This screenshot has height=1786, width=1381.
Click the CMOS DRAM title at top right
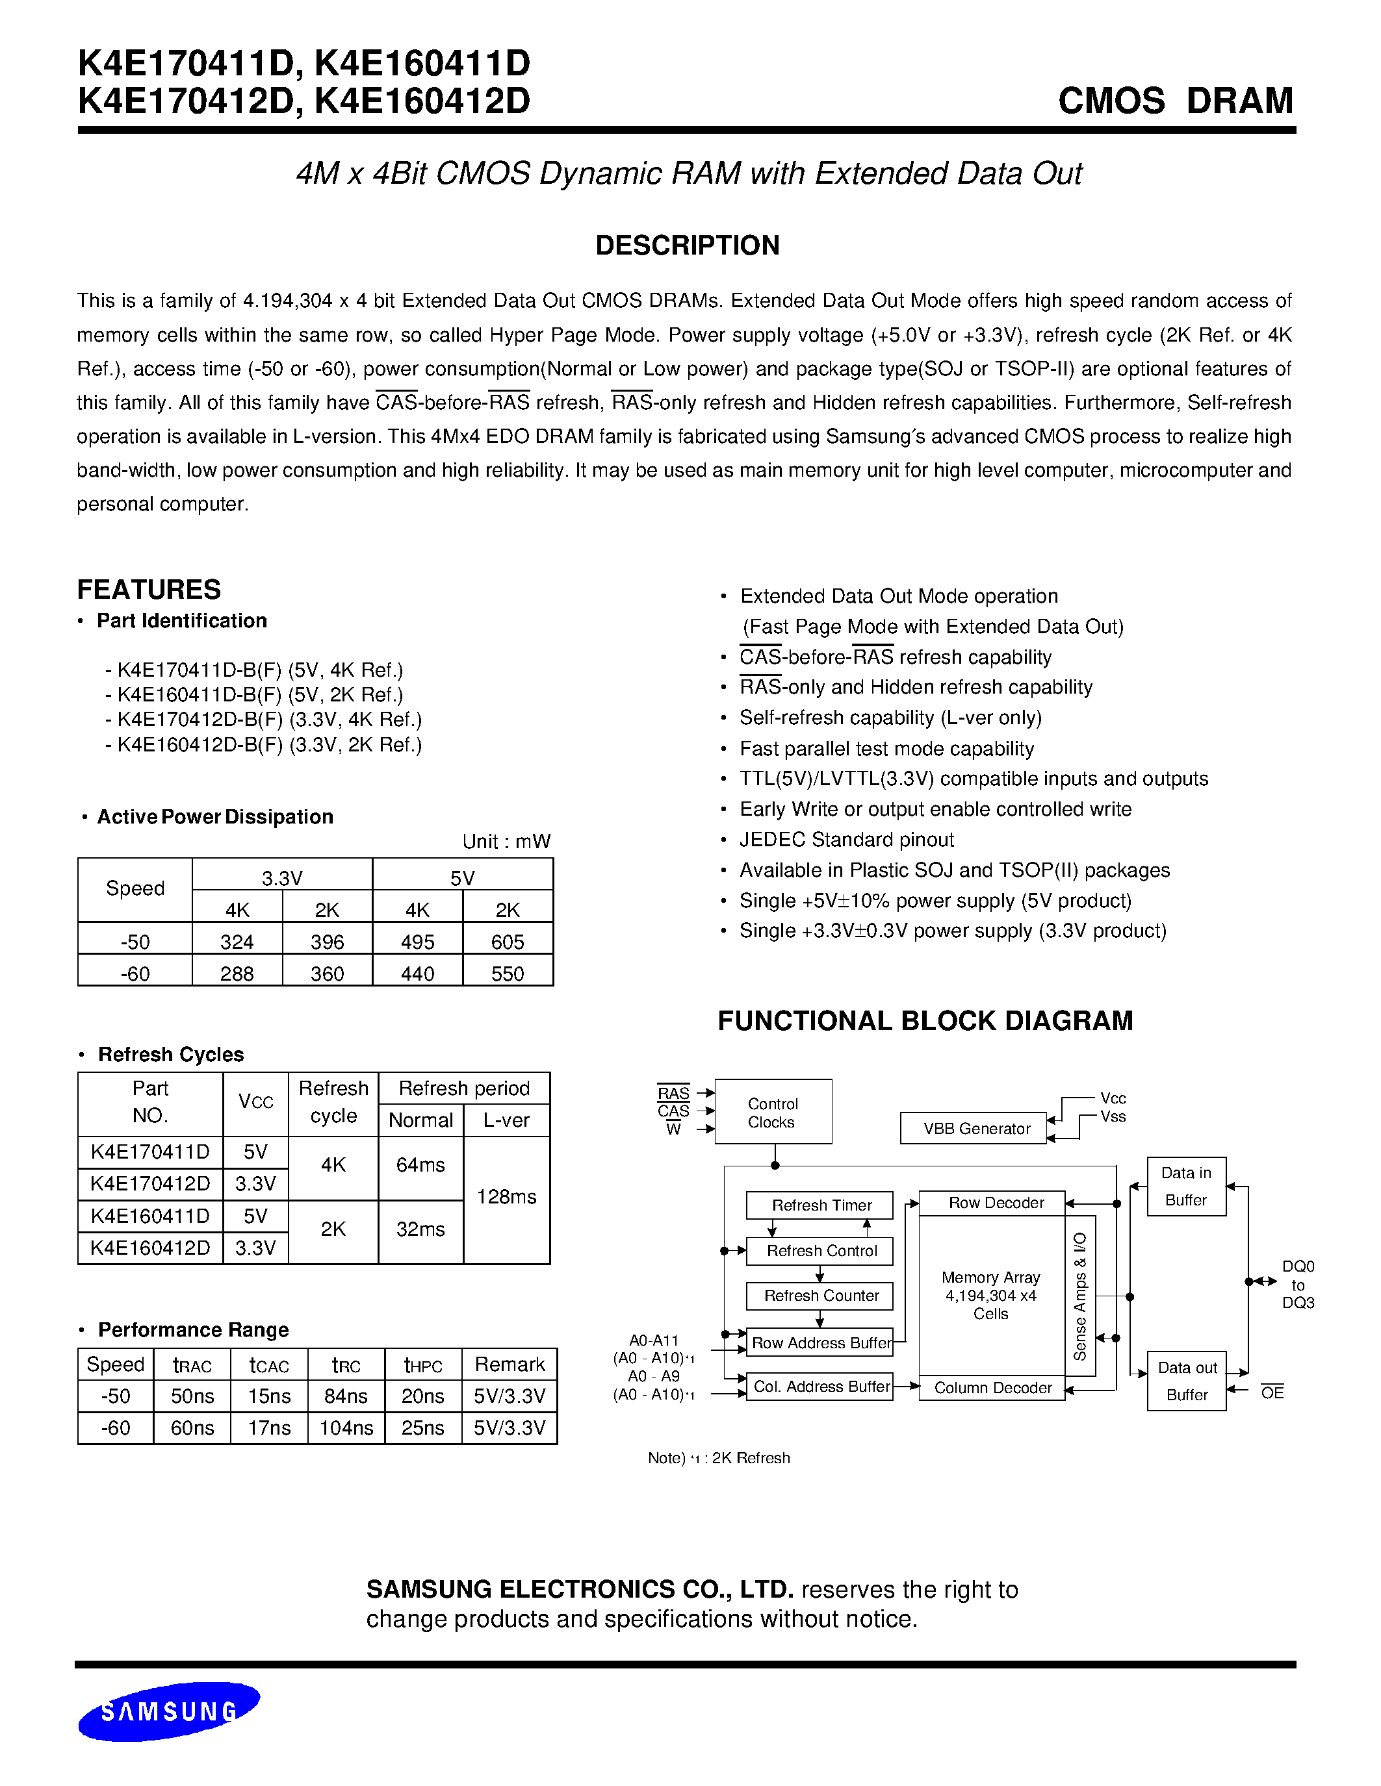(1175, 101)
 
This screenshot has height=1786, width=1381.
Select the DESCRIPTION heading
(687, 245)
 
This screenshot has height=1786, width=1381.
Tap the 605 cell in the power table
(508, 942)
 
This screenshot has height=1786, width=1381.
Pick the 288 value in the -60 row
(237, 974)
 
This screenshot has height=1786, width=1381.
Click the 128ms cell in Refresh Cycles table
(506, 1197)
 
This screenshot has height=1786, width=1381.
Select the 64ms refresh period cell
(420, 1165)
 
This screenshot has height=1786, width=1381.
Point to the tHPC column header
(423, 1365)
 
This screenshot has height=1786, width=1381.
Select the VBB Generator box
(976, 1129)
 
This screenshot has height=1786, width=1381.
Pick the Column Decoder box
(992, 1388)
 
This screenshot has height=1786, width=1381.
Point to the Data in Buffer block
(1185, 1186)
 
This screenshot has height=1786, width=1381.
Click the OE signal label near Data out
(1272, 1392)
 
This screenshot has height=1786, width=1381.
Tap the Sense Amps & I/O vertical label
(1080, 1296)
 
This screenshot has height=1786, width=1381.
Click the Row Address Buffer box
(821, 1343)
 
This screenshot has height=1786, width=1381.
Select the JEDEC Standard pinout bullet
(846, 840)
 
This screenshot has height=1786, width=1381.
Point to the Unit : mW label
(506, 842)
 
